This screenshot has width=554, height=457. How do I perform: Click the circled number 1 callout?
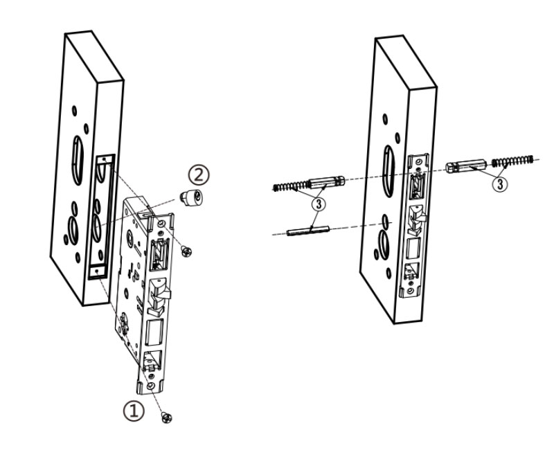(134, 410)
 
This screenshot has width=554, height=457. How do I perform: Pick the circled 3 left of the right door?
(319, 204)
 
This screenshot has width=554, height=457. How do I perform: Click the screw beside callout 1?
(166, 416)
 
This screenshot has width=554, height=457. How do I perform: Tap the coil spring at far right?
(514, 161)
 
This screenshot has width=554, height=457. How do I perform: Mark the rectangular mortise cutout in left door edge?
(102, 215)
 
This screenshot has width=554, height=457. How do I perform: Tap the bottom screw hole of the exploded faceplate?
(151, 386)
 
